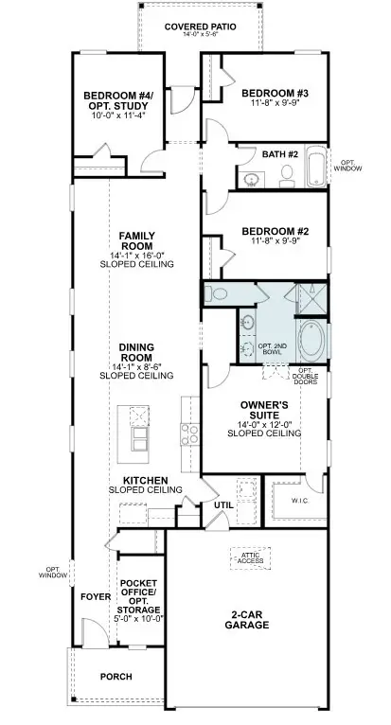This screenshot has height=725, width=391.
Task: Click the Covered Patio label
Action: [200, 27]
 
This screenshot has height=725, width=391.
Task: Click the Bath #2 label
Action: [280, 152]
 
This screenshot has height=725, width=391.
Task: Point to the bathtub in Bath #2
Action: [315, 168]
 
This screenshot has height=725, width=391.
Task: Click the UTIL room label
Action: [223, 505]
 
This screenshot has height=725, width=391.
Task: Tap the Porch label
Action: [116, 677]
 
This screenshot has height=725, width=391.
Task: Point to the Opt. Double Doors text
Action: [306, 376]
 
